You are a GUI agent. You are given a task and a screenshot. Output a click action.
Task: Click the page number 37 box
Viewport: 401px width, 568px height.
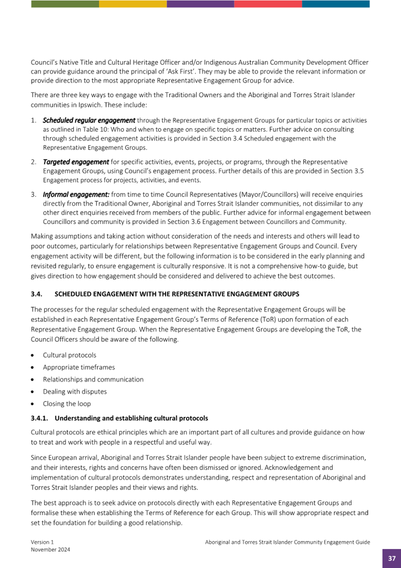391,558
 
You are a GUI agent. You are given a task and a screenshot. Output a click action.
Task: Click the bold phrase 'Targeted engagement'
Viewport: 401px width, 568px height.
76,162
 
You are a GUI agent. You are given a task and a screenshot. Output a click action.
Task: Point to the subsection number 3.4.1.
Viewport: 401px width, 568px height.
39,419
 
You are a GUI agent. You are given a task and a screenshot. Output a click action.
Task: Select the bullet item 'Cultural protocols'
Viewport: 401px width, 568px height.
69,355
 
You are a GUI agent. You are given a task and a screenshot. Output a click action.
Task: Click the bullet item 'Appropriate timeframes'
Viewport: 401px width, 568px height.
78,367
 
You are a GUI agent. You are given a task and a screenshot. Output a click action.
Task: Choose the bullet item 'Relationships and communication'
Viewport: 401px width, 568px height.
93,379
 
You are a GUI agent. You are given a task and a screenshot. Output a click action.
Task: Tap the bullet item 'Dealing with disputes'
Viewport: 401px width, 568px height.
75,392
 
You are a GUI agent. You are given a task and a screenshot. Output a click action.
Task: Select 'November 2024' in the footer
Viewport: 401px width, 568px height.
50,549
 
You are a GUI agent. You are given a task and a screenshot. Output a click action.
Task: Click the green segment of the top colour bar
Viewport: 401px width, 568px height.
65,4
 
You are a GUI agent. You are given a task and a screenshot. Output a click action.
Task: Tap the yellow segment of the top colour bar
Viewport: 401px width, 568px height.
133,4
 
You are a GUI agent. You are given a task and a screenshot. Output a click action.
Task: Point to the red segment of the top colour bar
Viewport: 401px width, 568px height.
268,4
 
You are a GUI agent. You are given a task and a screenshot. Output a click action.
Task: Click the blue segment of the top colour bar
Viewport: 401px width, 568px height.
335,4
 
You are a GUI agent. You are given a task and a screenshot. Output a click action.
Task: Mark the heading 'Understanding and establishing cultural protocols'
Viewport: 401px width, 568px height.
131,419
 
